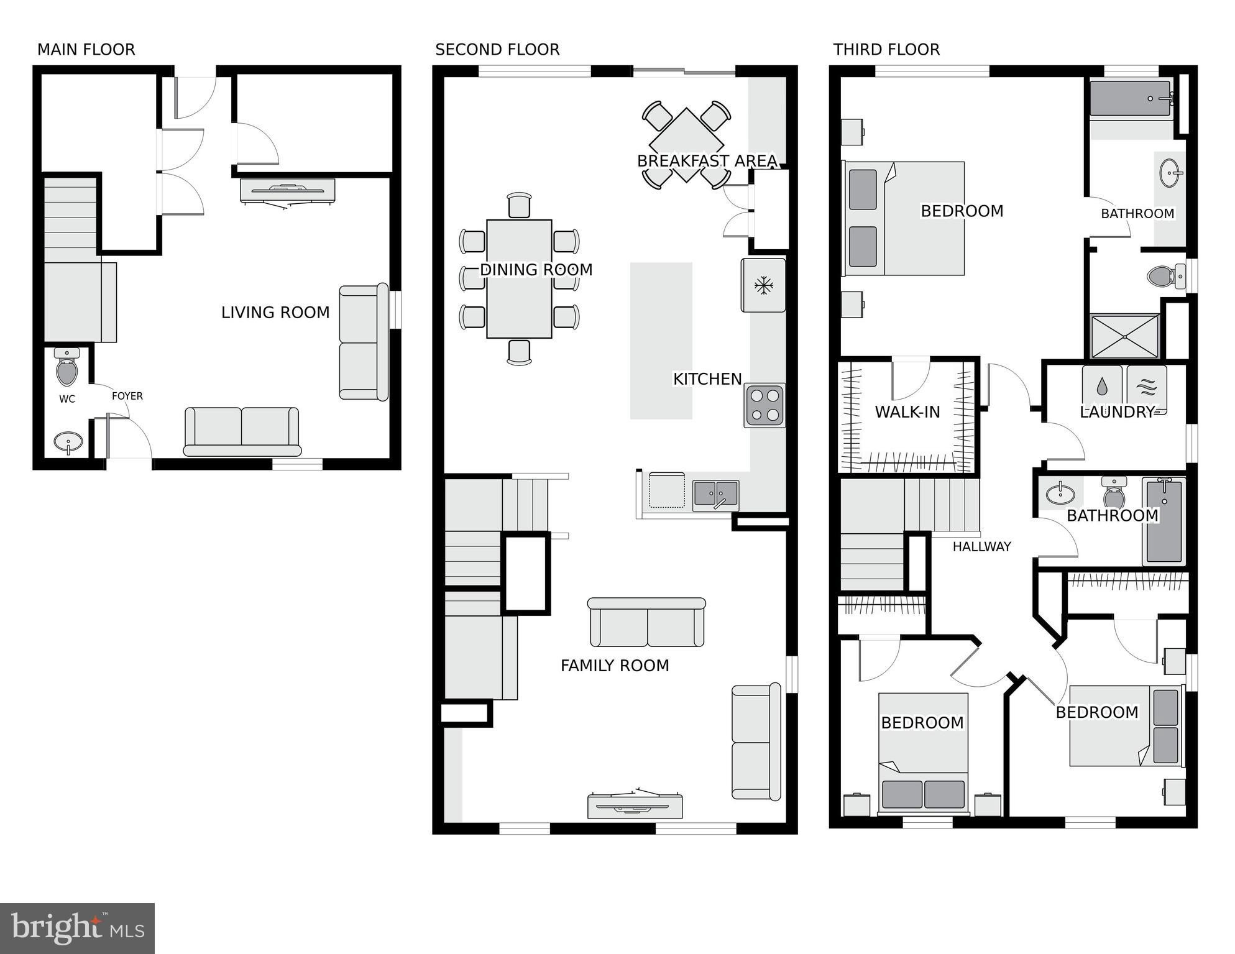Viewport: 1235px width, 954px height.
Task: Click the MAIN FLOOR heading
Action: (86, 50)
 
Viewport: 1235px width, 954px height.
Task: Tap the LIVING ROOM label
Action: (275, 313)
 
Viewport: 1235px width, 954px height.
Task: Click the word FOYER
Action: (127, 396)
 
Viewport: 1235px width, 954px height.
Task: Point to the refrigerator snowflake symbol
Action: (763, 286)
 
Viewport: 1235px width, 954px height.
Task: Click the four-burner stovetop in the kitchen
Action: (764, 405)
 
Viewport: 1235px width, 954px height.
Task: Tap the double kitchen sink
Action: (716, 495)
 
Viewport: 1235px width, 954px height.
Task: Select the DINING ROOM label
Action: (536, 270)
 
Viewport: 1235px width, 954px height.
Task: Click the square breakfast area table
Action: (686, 145)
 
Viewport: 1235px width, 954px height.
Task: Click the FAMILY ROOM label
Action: (615, 666)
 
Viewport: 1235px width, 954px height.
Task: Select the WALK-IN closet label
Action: (907, 412)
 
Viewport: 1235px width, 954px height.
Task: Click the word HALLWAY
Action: (981, 547)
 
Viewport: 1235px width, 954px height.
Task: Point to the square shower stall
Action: (1125, 336)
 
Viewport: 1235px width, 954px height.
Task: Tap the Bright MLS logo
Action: (77, 928)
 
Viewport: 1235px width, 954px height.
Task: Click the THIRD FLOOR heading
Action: (886, 50)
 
